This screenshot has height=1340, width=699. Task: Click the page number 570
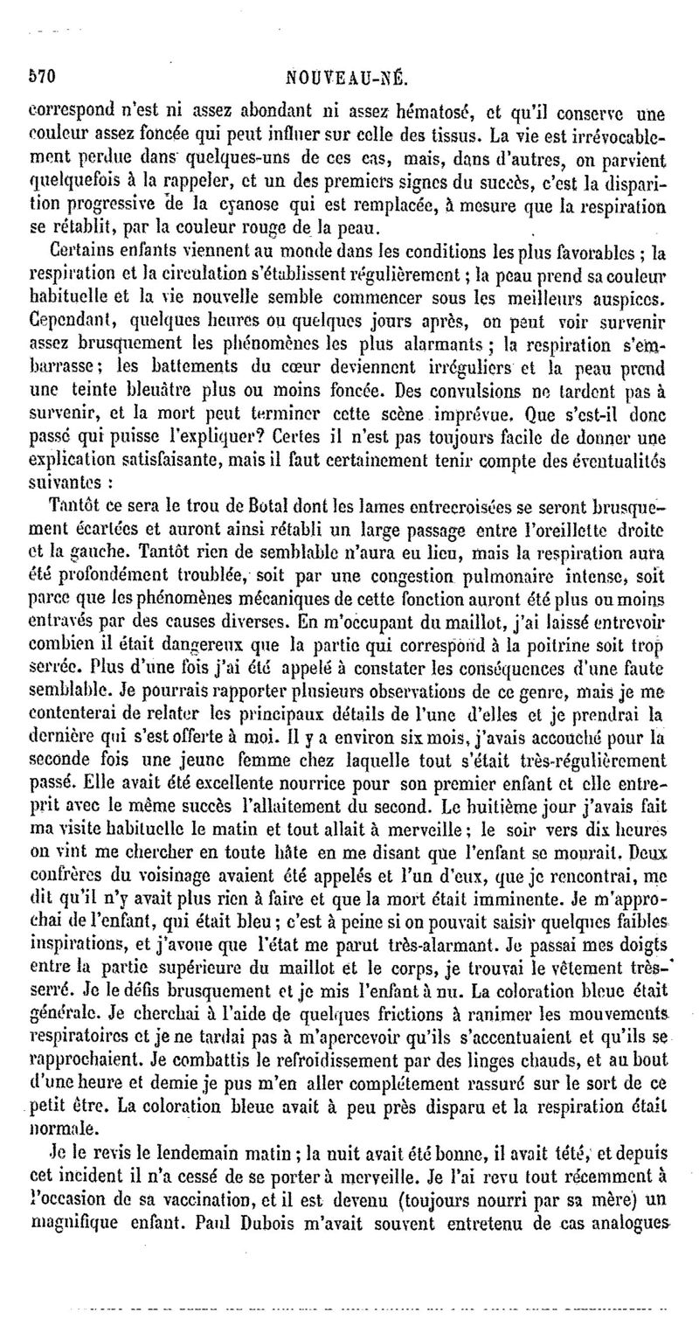(43, 76)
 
